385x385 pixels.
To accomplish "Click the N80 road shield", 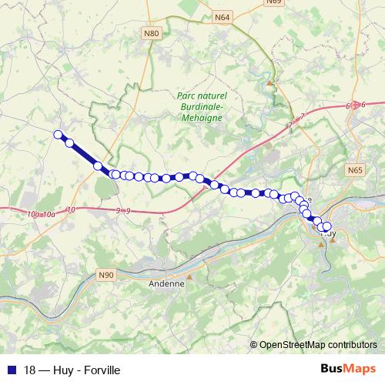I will (x=152, y=33).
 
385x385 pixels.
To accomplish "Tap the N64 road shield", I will (x=223, y=16).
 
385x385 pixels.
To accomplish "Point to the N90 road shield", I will (x=106, y=274).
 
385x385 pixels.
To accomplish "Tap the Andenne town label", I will (x=166, y=283).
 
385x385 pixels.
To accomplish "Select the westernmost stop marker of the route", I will (x=57, y=135).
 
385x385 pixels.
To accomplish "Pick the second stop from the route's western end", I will (x=69, y=142).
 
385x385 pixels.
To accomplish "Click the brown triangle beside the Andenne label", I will (x=189, y=276).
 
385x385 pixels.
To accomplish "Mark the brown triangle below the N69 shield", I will (x=269, y=82).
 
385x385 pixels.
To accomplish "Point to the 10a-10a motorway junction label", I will (x=41, y=213).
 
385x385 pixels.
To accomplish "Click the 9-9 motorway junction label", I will (x=123, y=209).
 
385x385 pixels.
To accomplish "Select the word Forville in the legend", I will (x=102, y=370).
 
